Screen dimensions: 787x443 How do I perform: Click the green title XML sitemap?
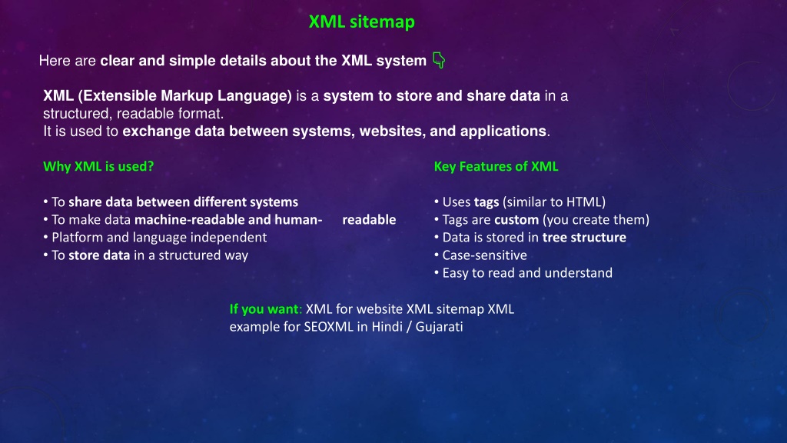coord(361,22)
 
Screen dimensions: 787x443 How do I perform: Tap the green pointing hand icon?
coord(439,60)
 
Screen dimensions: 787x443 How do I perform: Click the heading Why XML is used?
coord(98,166)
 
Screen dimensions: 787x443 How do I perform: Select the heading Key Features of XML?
coord(496,166)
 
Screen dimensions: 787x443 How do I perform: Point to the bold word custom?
coord(516,220)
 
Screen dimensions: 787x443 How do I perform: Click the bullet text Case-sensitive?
coord(484,255)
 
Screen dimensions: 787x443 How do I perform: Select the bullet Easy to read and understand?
coord(527,273)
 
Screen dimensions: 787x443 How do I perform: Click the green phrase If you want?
coord(264,309)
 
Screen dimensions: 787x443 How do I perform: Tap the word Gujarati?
coord(439,326)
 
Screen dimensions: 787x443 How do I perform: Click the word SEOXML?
coord(329,326)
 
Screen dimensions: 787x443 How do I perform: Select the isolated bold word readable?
coord(369,219)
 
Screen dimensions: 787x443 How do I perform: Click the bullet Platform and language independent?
coord(159,238)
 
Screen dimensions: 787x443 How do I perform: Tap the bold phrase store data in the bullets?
coord(99,255)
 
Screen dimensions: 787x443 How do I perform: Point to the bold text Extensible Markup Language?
coord(184,96)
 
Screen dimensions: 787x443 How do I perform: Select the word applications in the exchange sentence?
coord(503,132)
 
